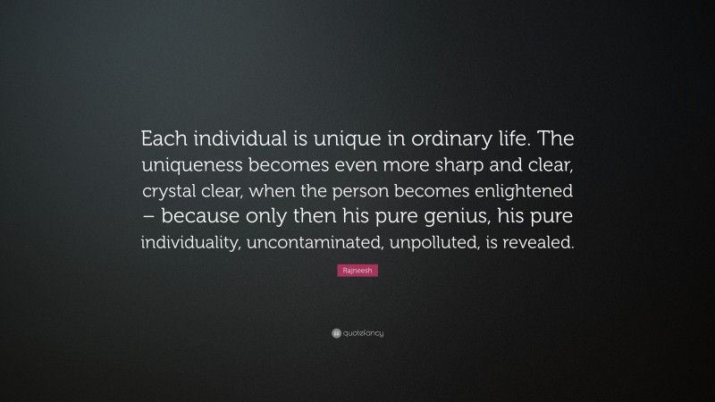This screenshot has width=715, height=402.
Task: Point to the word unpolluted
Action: point(433,242)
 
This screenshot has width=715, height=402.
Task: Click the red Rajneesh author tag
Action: point(357,270)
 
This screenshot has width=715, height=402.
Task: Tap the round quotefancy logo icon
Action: point(336,333)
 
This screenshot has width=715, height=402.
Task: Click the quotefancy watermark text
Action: point(363,333)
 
